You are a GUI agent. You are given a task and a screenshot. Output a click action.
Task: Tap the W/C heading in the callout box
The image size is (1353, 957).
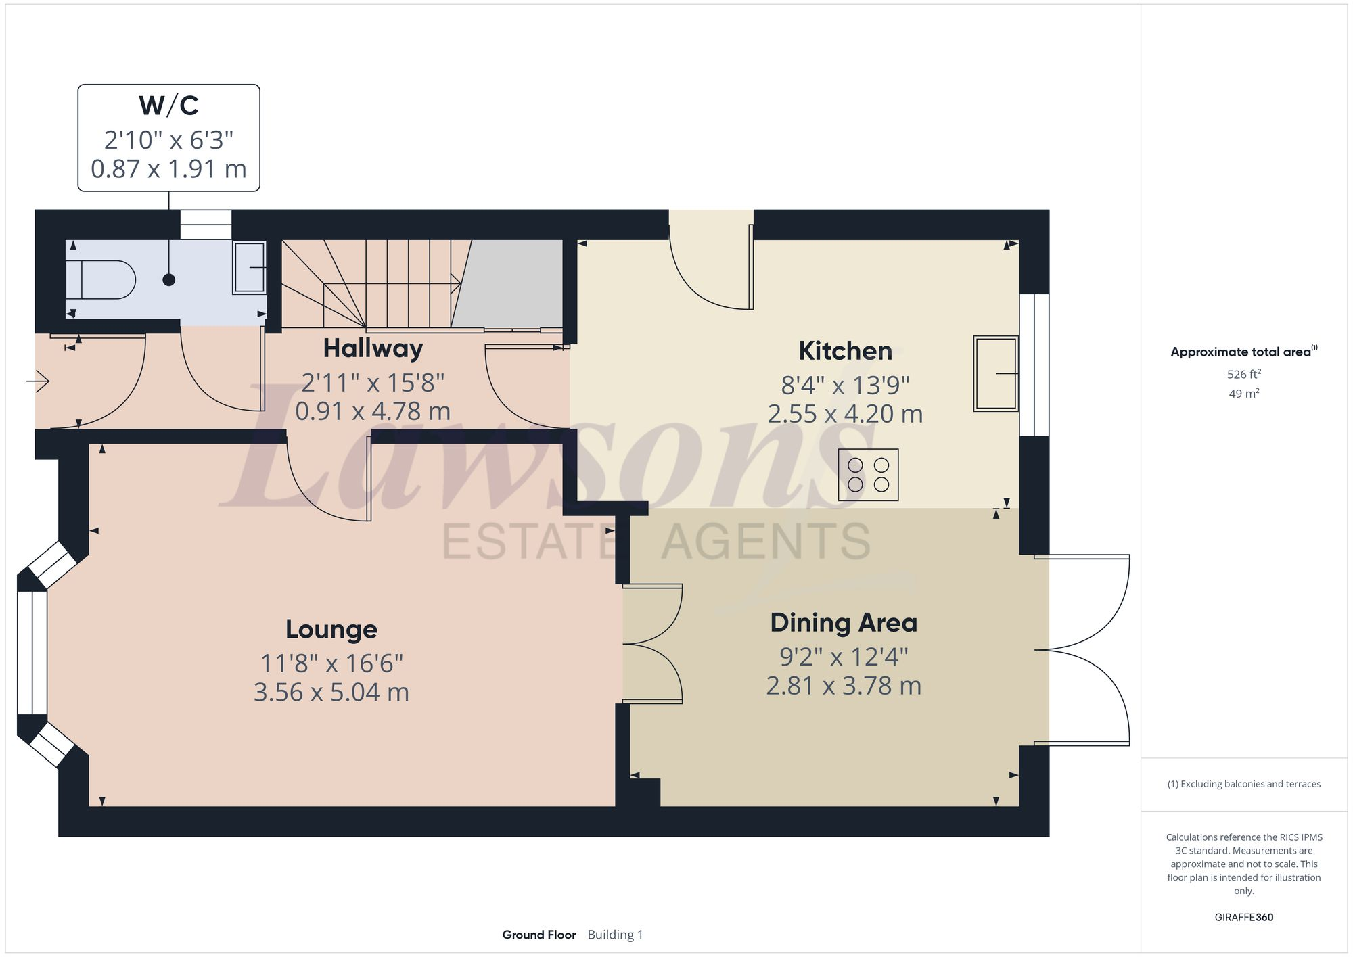coord(168,106)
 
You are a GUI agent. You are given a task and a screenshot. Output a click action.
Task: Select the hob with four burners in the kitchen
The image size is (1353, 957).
coord(868,475)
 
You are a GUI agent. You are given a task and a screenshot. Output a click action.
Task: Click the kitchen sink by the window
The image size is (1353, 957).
coord(996,373)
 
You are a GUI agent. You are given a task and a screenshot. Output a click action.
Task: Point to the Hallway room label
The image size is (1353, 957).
coord(373,348)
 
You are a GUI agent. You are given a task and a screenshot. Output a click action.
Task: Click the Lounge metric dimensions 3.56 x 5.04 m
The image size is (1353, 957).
coord(331,693)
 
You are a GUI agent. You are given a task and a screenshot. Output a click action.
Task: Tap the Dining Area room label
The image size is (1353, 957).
coord(844,623)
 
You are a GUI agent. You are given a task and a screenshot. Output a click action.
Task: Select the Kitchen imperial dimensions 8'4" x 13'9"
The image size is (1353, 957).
coord(845,386)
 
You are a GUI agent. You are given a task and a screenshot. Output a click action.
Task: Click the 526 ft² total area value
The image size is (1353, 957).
coord(1243,375)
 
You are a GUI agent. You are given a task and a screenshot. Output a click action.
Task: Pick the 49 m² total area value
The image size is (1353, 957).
coord(1243,394)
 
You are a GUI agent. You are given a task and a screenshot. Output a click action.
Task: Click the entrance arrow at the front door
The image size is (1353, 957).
coord(39,382)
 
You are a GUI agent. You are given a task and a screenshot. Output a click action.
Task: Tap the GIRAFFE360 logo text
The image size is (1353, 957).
coord(1243,918)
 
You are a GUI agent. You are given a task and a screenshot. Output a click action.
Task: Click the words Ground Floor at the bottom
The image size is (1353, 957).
coord(538,935)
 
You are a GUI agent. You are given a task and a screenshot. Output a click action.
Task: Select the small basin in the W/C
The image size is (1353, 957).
coord(249,268)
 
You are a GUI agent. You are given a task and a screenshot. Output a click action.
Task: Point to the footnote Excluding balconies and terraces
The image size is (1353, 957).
coord(1243,784)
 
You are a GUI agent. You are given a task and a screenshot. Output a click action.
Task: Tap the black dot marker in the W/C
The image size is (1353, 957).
coord(169,279)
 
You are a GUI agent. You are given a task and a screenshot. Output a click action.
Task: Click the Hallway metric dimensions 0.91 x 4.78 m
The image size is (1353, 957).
coord(373,411)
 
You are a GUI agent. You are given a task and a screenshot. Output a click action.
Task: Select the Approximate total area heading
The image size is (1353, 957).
coord(1242,352)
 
